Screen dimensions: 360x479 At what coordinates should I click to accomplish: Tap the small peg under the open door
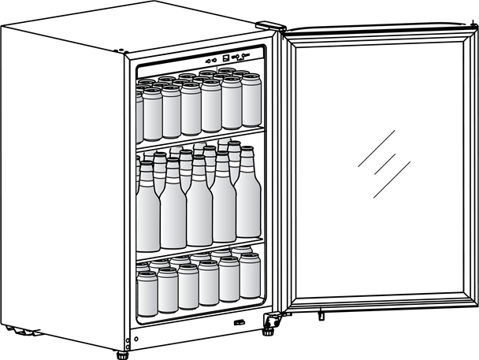pyautogui.click(x=321, y=317)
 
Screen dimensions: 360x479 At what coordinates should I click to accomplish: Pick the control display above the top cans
pyautogui.click(x=234, y=58)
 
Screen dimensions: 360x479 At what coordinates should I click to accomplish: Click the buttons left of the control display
pyautogui.click(x=210, y=59)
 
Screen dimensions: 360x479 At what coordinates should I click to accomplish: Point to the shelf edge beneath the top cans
pyautogui.click(x=199, y=140)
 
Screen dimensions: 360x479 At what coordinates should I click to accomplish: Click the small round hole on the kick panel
pyautogui.click(x=136, y=340)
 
